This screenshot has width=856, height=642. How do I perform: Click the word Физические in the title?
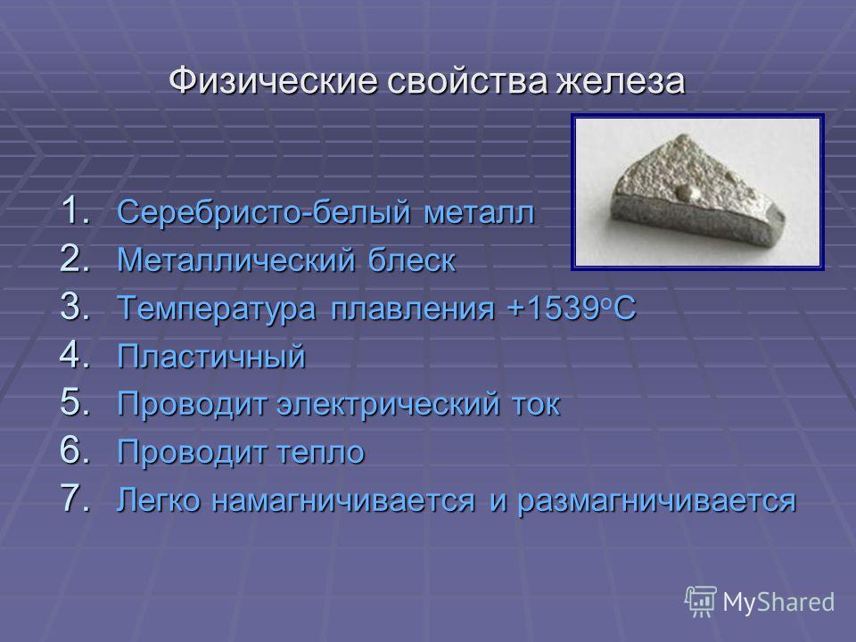pyautogui.click(x=273, y=81)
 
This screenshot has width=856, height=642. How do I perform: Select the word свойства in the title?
pyautogui.click(x=467, y=81)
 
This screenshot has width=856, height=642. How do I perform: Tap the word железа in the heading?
pyautogui.click(x=621, y=81)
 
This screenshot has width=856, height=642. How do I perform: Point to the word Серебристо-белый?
pyautogui.click(x=264, y=212)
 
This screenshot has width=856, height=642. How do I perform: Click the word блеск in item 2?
pyautogui.click(x=412, y=259)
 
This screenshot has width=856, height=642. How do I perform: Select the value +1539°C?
pyautogui.click(x=572, y=308)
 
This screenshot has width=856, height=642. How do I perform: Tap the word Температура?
pyautogui.click(x=218, y=309)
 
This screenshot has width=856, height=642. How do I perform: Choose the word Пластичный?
pyautogui.click(x=212, y=357)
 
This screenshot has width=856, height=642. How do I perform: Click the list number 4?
pyautogui.click(x=75, y=355)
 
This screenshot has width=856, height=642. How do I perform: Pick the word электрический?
pyautogui.click(x=388, y=405)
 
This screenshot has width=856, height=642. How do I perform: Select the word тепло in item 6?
pyautogui.click(x=321, y=453)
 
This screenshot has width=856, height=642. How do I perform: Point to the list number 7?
pyautogui.click(x=75, y=498)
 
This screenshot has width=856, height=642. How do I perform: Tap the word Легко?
pyautogui.click(x=159, y=500)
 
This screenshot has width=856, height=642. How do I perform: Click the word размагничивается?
pyautogui.click(x=657, y=501)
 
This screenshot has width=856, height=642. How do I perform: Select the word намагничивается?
pyautogui.click(x=343, y=501)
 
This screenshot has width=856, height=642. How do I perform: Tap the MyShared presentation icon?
pyautogui.click(x=701, y=602)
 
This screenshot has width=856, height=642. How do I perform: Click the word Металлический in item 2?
pyautogui.click(x=235, y=259)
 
